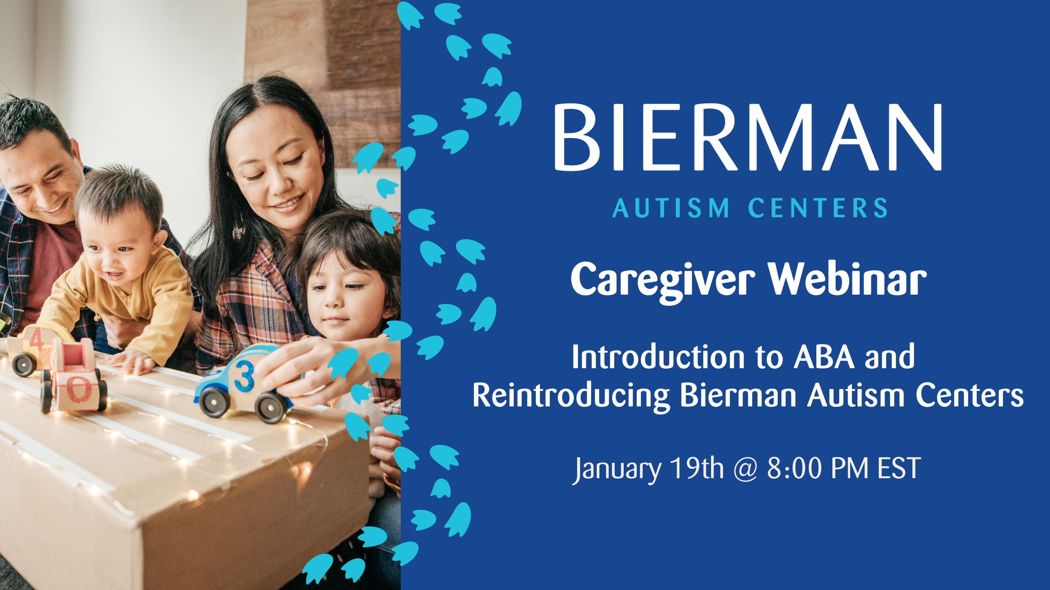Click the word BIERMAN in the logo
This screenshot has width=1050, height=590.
(x=748, y=137)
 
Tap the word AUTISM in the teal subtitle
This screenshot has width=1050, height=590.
(x=671, y=208)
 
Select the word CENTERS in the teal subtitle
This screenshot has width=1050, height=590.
(x=818, y=208)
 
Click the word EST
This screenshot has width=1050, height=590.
(x=899, y=468)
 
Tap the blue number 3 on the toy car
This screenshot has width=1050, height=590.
(x=244, y=375)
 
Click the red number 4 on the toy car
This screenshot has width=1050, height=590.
(x=36, y=339)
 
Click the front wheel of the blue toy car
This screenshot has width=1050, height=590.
(x=214, y=401)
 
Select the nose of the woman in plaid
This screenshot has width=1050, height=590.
(x=277, y=183)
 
